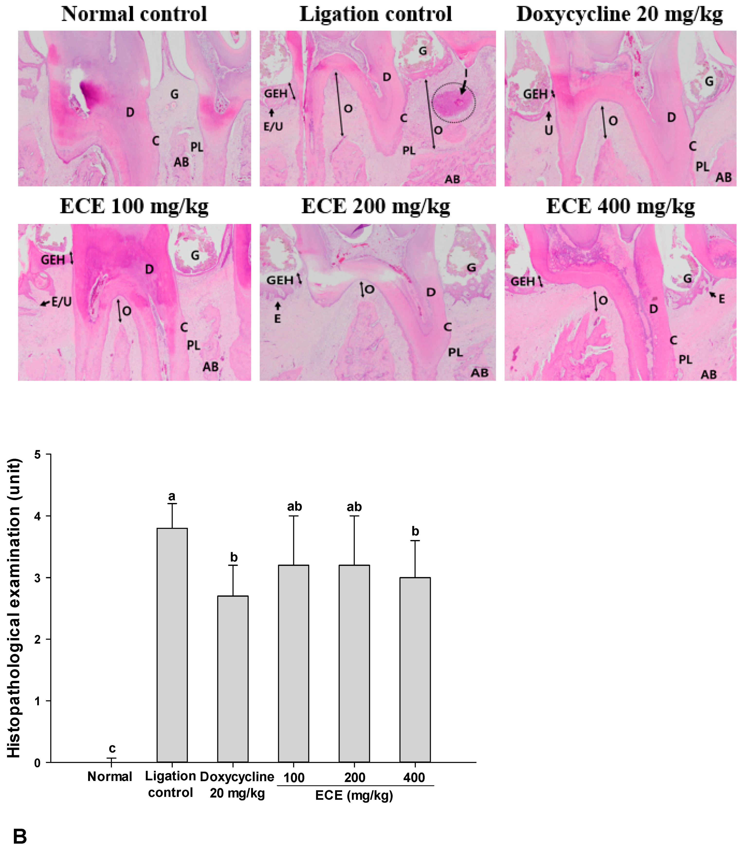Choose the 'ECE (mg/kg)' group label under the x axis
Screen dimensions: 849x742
pos(354,795)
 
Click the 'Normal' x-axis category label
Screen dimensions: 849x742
pos(110,776)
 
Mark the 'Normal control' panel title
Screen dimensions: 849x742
pos(134,14)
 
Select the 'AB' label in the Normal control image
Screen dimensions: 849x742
pos(181,162)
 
